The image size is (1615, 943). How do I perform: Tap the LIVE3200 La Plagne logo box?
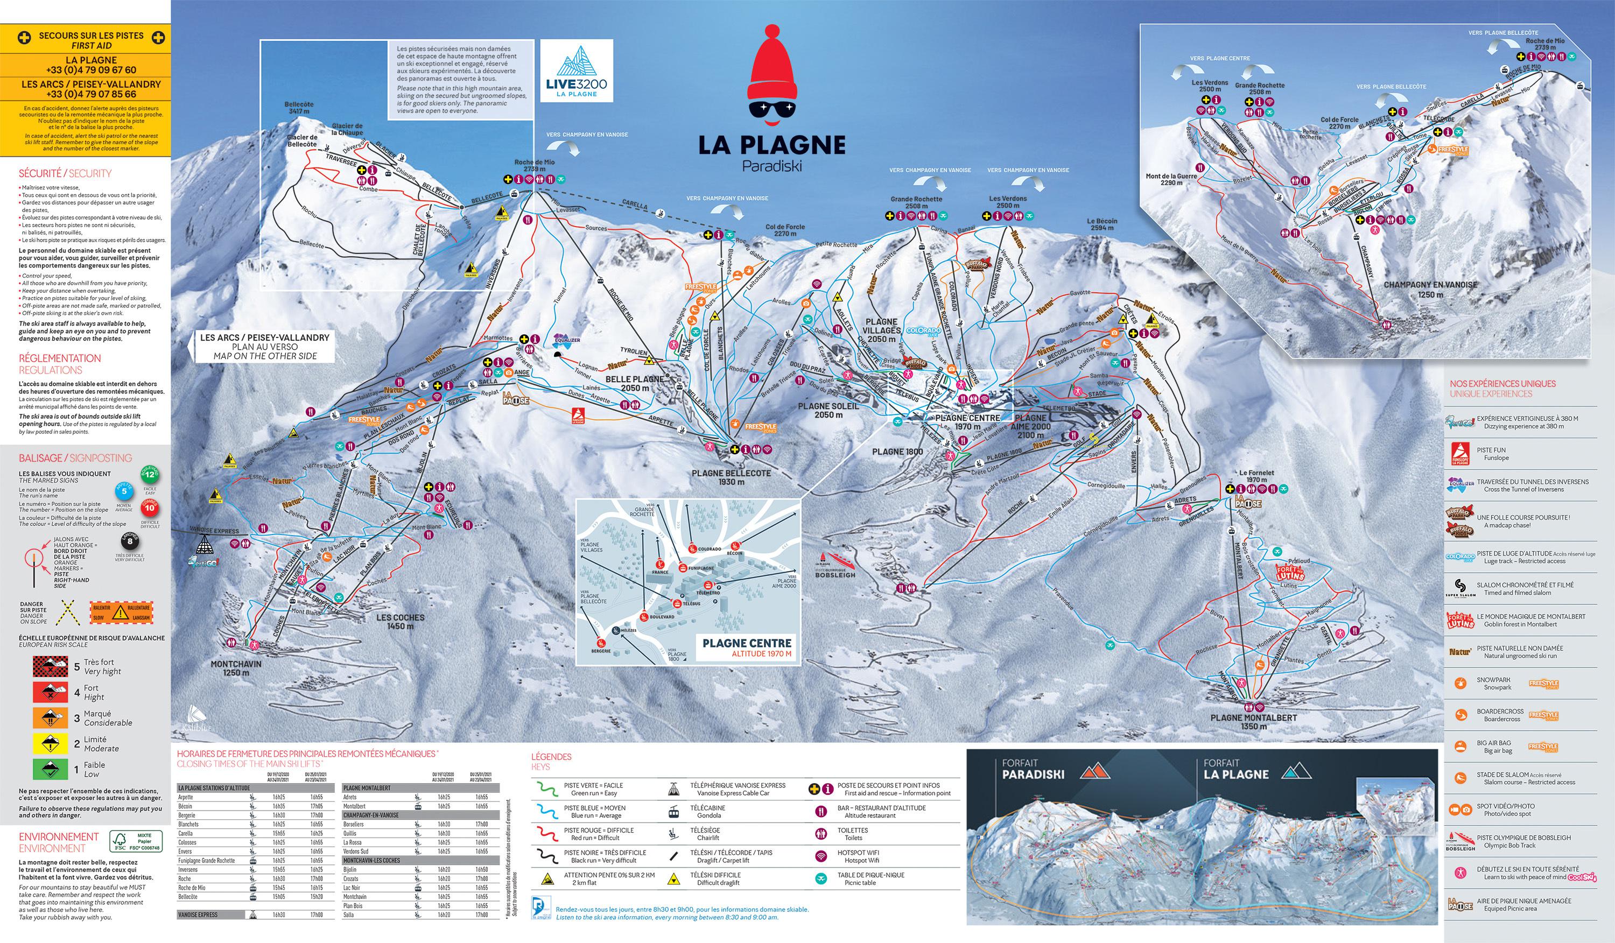point(576,71)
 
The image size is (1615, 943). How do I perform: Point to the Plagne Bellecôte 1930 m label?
point(731,477)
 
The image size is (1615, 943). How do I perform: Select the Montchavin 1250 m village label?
point(236,668)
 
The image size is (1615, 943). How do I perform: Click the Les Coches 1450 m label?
point(400,622)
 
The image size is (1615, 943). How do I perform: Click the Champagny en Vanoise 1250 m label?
point(1430,289)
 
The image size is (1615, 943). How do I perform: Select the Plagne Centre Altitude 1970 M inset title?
point(747,647)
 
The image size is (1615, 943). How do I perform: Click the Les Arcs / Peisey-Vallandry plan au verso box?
point(265,347)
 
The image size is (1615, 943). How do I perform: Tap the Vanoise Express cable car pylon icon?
point(205,545)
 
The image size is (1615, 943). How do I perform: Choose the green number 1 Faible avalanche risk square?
point(50,769)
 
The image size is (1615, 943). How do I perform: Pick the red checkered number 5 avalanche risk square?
point(50,666)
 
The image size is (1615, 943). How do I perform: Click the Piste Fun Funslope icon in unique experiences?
point(1459,454)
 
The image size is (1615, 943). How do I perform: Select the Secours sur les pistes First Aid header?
point(91,40)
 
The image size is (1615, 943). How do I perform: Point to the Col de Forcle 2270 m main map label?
point(784,230)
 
